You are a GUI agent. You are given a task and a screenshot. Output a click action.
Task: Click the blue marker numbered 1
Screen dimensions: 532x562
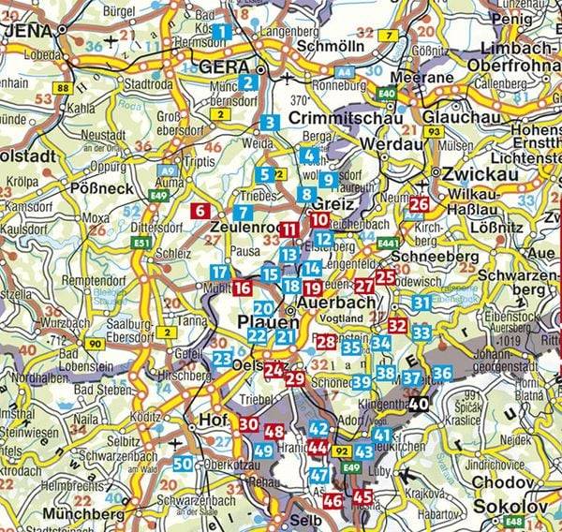click(x=222, y=33)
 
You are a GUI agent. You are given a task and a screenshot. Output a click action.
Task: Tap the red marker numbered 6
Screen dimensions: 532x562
click(x=200, y=212)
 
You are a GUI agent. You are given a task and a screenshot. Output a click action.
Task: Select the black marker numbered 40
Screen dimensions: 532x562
click(x=419, y=405)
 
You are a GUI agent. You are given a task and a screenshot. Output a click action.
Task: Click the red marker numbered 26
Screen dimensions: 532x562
click(x=420, y=204)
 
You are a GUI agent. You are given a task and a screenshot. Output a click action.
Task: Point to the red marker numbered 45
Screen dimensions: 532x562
click(x=362, y=495)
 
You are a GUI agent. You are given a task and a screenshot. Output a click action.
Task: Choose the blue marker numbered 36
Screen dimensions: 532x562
click(x=442, y=374)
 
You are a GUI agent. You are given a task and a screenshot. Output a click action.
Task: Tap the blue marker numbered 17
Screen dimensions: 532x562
click(x=219, y=273)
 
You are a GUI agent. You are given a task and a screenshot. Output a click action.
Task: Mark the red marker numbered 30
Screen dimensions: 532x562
click(x=248, y=424)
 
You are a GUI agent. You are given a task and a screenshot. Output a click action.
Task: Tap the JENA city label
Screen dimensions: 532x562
click(x=30, y=30)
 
